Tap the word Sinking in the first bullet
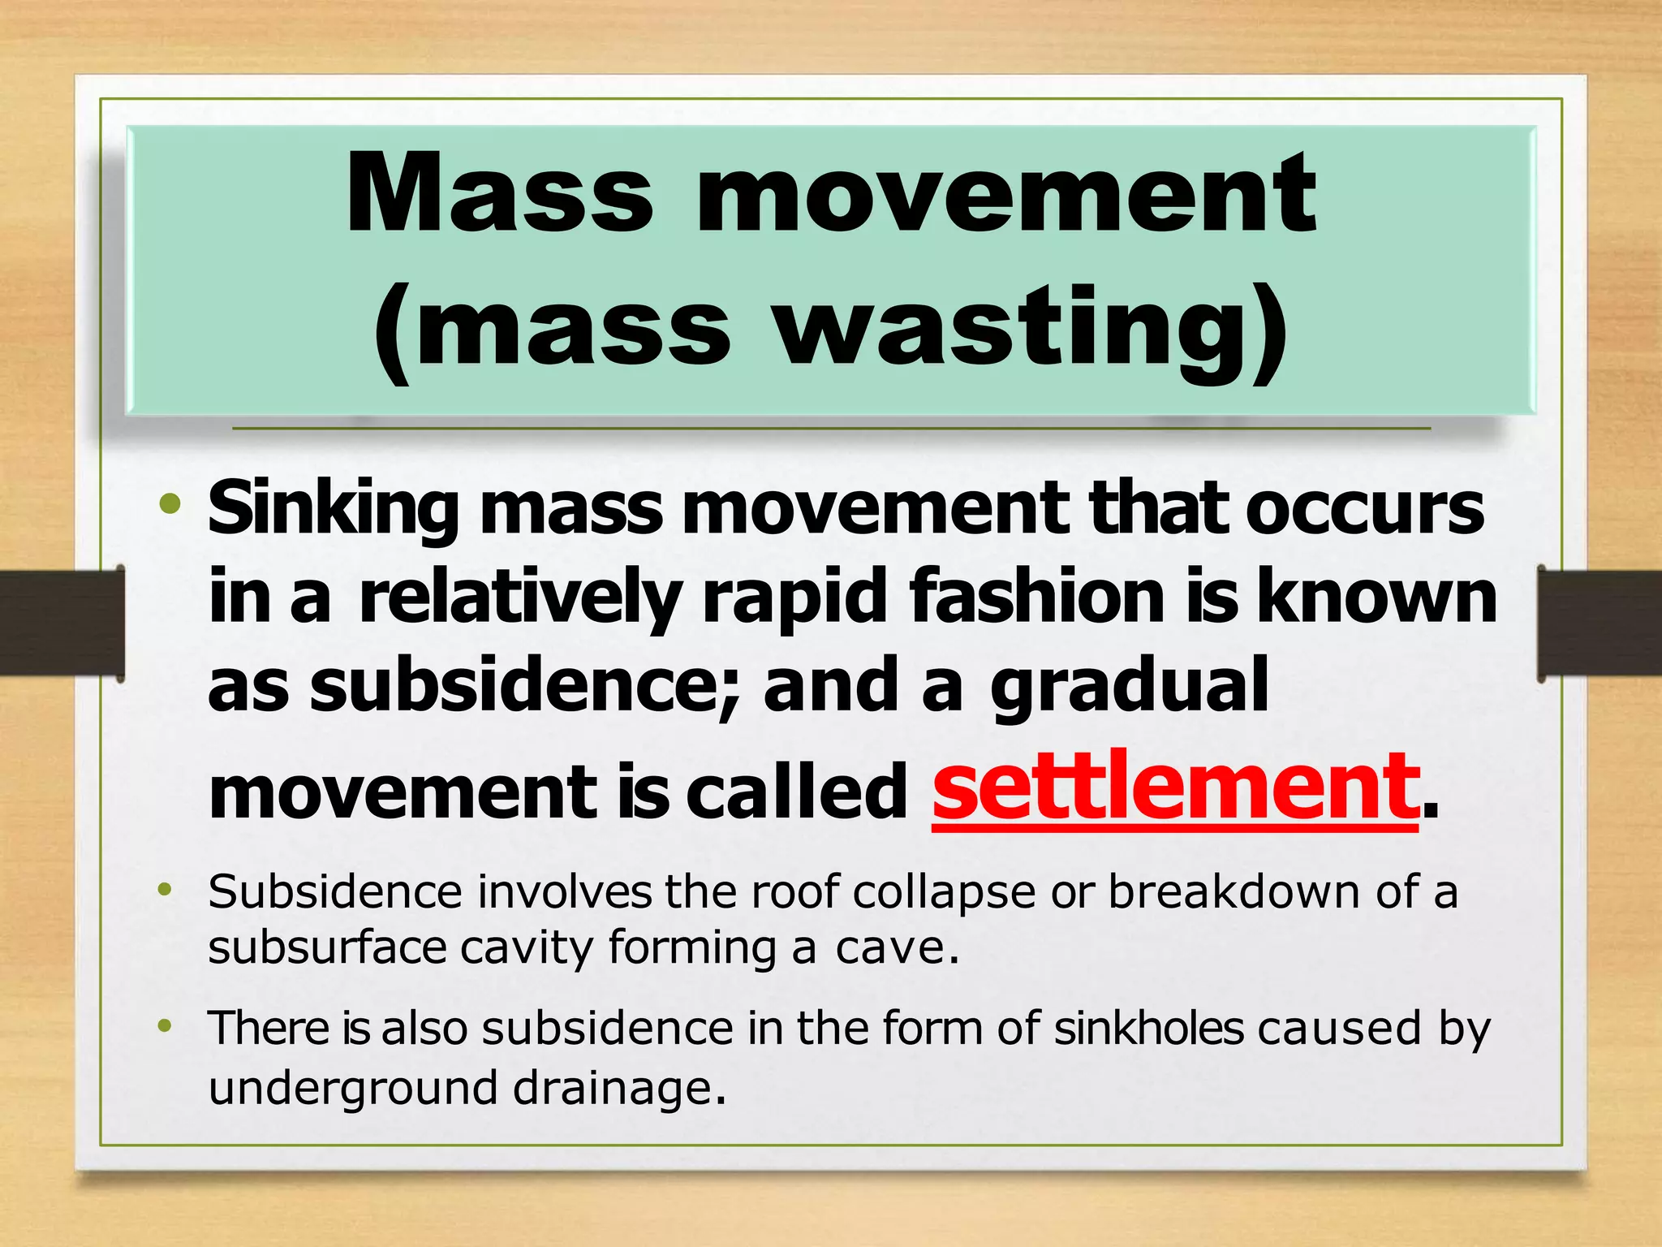click(x=333, y=510)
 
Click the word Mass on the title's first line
click(x=499, y=195)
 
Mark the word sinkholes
click(x=1148, y=1029)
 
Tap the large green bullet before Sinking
click(x=170, y=505)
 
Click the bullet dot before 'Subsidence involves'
click(x=166, y=891)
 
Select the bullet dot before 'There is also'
click(x=166, y=1027)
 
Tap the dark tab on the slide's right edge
click(x=1599, y=623)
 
